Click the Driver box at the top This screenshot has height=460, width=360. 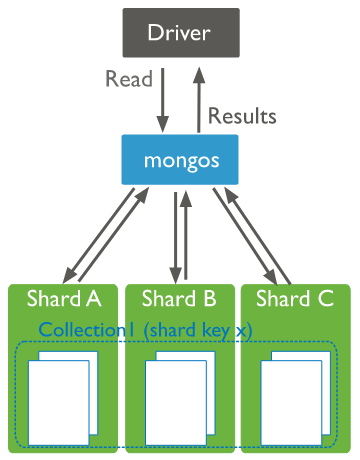(x=179, y=34)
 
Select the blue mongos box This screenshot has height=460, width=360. (x=179, y=160)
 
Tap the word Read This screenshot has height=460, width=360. (x=129, y=80)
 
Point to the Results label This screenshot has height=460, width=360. (x=242, y=115)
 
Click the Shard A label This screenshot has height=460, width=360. (x=63, y=298)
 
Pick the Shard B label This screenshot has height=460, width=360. (x=179, y=298)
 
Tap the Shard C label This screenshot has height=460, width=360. (x=295, y=298)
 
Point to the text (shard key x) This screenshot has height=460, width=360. (x=196, y=330)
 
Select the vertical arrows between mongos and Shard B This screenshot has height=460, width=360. (x=180, y=236)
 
